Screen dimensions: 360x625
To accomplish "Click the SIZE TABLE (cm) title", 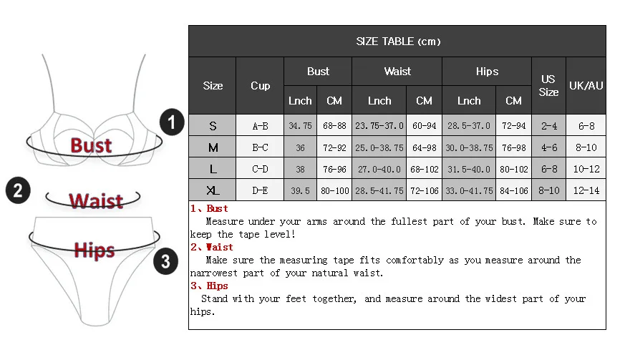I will (x=397, y=42).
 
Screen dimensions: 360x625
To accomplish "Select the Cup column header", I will (x=260, y=86).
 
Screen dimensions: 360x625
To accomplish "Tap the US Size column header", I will (x=548, y=86).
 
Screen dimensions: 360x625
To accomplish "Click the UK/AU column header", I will (x=586, y=86).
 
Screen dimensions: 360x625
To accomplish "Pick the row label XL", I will (x=213, y=191).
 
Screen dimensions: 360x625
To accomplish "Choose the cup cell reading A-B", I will (x=260, y=126).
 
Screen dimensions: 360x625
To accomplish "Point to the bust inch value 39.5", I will (x=300, y=191).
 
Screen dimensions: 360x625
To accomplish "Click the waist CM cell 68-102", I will (x=424, y=170).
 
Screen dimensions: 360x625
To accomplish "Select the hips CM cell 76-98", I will (x=513, y=148).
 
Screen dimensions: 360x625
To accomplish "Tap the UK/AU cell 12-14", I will (x=586, y=191).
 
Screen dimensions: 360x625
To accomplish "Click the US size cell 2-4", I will (x=548, y=126).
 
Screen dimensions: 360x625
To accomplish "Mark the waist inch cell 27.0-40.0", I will (x=379, y=170).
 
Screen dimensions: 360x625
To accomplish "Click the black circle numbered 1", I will (x=172, y=122).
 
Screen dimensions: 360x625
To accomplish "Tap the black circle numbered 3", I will (x=165, y=261).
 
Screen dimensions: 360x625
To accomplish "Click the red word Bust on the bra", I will (x=92, y=145).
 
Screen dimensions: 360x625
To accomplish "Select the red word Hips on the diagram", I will (x=94, y=250).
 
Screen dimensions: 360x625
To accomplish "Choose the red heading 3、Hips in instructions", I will (x=209, y=286).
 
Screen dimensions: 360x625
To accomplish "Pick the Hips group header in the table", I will (x=487, y=72).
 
